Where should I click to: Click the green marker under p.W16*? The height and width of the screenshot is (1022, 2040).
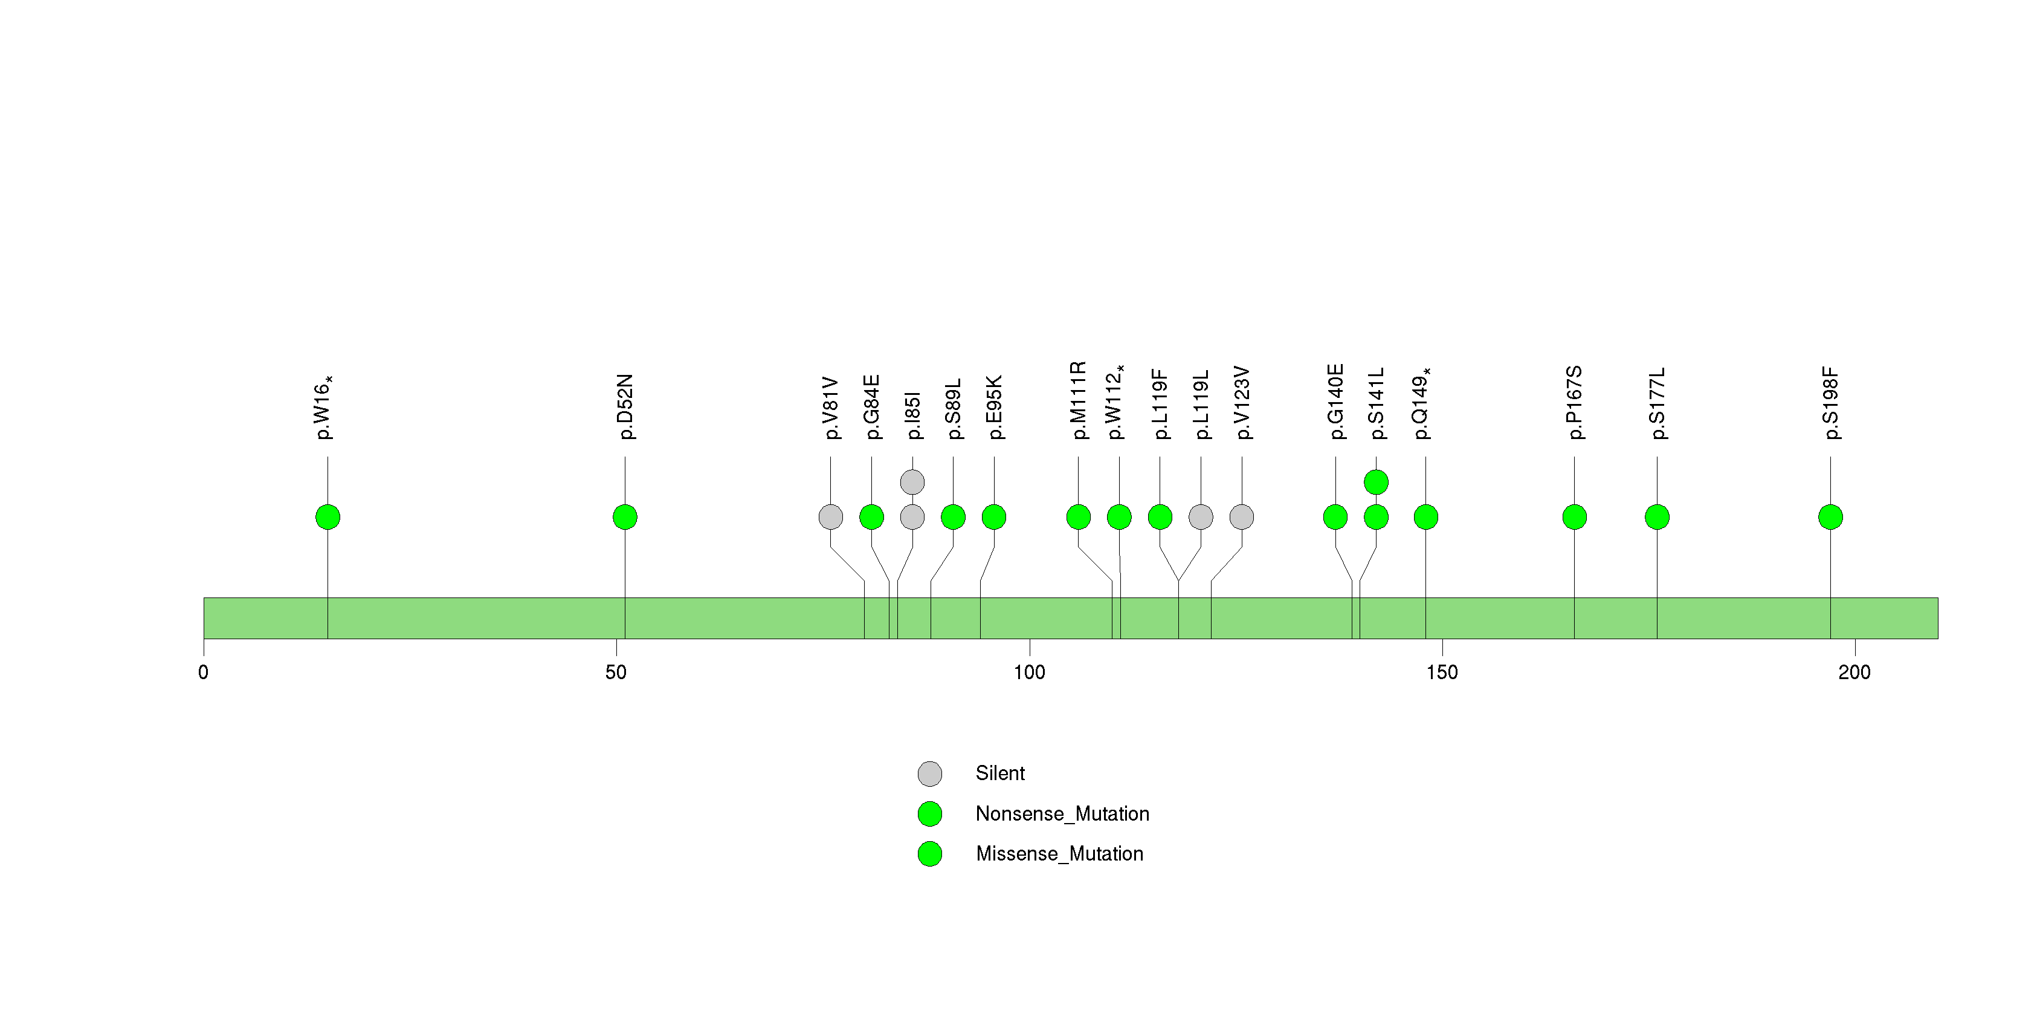tap(328, 517)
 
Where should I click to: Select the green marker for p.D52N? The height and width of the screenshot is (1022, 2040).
tap(625, 517)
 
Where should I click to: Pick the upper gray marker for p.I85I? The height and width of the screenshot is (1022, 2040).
tap(912, 482)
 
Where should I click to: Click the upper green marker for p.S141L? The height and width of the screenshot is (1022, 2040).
tap(1377, 482)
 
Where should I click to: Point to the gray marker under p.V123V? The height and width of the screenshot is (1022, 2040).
tap(1242, 517)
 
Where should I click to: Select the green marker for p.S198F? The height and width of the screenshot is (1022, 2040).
tap(1830, 517)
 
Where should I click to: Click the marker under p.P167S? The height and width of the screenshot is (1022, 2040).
tap(1574, 517)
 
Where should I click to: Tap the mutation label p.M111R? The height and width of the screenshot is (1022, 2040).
tap(1078, 400)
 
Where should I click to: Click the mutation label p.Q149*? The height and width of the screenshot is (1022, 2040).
tap(1422, 403)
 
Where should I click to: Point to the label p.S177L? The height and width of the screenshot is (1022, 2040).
tap(1657, 403)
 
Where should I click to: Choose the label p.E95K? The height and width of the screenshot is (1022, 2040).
tap(994, 407)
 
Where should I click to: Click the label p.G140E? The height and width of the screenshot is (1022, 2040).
tap(1336, 402)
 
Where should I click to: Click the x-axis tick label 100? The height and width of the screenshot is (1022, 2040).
tap(1030, 672)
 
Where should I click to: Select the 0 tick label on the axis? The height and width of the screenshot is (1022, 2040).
tap(204, 672)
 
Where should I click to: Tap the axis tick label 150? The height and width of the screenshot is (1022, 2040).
tap(1442, 672)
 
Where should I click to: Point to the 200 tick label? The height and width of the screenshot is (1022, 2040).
tap(1854, 672)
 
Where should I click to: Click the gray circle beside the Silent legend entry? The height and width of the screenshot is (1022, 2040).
tap(930, 773)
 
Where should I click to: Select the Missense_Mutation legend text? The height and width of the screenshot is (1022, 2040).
tap(1060, 853)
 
